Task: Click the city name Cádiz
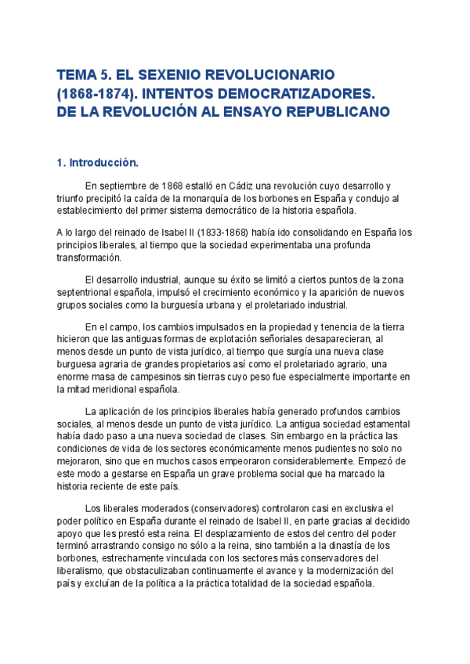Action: click(244, 186)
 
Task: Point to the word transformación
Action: click(89, 258)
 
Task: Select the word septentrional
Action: click(88, 293)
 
